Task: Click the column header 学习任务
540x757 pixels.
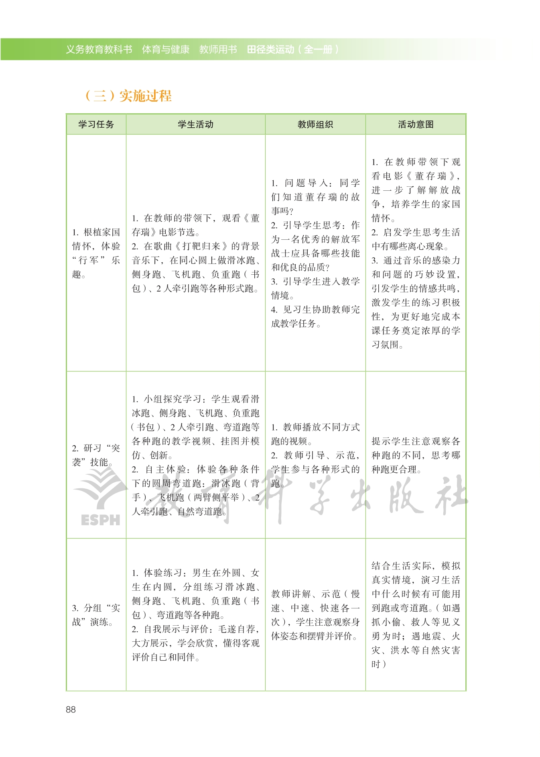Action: point(96,124)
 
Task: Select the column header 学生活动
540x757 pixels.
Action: point(195,124)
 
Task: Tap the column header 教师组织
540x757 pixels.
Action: point(315,124)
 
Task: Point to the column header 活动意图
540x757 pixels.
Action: point(416,124)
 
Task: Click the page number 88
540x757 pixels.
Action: point(71,710)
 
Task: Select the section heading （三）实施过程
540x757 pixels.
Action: point(128,96)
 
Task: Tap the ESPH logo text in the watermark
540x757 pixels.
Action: point(100,520)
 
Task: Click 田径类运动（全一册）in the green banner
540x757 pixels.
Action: point(293,49)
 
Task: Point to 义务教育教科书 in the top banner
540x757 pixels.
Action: point(99,49)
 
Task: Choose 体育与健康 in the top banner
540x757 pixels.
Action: point(166,49)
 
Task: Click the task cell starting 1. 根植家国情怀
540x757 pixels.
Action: point(96,253)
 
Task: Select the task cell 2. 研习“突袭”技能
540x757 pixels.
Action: point(96,455)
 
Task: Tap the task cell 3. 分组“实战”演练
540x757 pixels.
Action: point(96,615)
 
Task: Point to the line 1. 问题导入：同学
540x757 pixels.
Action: point(315,183)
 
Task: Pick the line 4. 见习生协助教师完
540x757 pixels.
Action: point(315,310)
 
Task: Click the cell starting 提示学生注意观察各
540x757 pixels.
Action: point(416,455)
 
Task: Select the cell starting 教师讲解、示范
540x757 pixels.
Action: point(315,615)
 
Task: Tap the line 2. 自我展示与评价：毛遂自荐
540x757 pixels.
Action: point(195,629)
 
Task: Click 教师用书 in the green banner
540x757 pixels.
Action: point(218,49)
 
